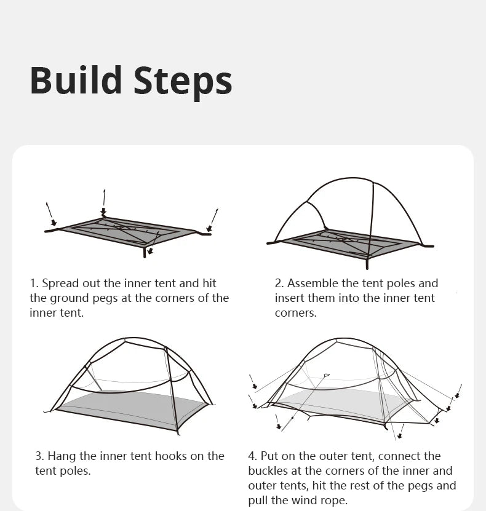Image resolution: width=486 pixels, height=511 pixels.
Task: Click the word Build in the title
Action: point(76,81)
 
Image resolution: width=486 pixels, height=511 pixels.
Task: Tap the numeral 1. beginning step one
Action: point(34,283)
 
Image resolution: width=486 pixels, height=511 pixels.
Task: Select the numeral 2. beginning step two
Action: point(279,283)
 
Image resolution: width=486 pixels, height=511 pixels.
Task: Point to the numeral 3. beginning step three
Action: point(39,456)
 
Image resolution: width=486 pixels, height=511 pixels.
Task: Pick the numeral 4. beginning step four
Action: point(253,456)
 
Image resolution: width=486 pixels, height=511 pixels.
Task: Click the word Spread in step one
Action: point(61,283)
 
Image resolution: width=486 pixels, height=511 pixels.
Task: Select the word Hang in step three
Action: point(60,456)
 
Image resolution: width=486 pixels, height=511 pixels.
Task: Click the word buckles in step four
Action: point(268,471)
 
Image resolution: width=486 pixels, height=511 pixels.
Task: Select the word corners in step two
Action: point(296,313)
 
